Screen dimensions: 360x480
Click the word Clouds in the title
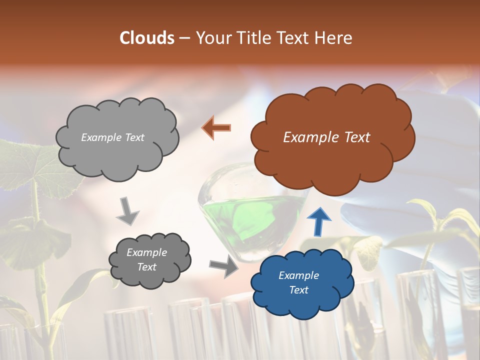pos(147,38)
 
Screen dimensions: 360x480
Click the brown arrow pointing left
pos(216,127)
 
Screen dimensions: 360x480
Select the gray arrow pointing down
pos(127,210)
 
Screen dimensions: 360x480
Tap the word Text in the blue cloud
pos(298,290)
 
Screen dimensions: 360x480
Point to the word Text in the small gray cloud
pos(147,267)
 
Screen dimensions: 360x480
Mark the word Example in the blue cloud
pos(298,275)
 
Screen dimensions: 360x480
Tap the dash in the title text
pos(184,38)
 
